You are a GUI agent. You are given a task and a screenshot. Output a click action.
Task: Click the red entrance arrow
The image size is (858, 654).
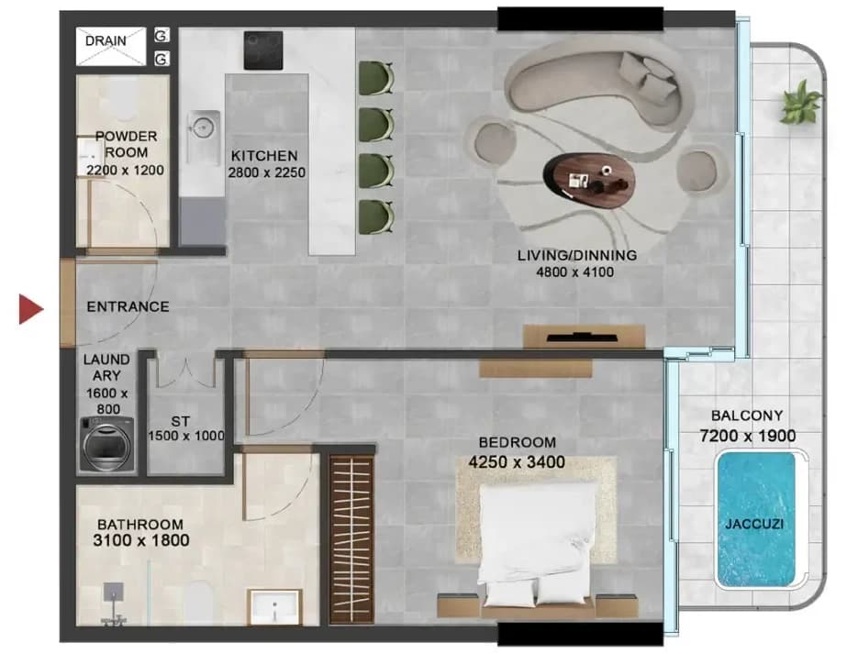[x=30, y=309]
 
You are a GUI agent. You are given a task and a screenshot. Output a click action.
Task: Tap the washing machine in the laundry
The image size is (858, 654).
[x=106, y=444]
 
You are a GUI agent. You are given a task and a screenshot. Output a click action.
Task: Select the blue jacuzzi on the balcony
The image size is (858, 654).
[x=755, y=519]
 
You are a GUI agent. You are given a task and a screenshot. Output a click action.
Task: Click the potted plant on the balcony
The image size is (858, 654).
[x=800, y=102]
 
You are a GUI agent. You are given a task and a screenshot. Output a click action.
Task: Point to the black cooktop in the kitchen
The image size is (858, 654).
[x=263, y=50]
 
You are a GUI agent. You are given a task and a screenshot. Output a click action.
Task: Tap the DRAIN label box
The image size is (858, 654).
[x=111, y=46]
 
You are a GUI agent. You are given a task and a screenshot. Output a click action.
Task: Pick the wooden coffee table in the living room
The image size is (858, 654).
[x=589, y=180]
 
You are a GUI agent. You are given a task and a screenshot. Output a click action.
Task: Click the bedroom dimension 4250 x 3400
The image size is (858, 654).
[x=517, y=462]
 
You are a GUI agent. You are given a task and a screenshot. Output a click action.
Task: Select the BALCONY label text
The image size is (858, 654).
[x=747, y=416]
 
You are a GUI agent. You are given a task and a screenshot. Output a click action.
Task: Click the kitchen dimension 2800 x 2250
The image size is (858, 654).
[x=266, y=172]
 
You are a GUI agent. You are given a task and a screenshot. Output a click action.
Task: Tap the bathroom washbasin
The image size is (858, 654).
[x=274, y=607]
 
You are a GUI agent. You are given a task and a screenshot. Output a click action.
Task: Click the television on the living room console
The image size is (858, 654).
[x=583, y=337]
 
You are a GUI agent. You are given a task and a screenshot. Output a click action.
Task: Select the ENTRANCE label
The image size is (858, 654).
[x=128, y=306]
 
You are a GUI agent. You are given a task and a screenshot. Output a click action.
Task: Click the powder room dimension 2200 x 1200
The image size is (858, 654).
[x=126, y=171]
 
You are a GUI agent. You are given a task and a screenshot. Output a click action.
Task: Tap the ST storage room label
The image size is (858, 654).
[x=181, y=422]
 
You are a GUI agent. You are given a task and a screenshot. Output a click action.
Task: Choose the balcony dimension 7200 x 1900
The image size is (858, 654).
[x=748, y=436]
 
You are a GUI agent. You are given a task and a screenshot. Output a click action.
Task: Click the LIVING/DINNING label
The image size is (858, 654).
[x=577, y=255]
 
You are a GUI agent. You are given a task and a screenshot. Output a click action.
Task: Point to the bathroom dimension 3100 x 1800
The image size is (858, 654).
[x=141, y=541]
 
